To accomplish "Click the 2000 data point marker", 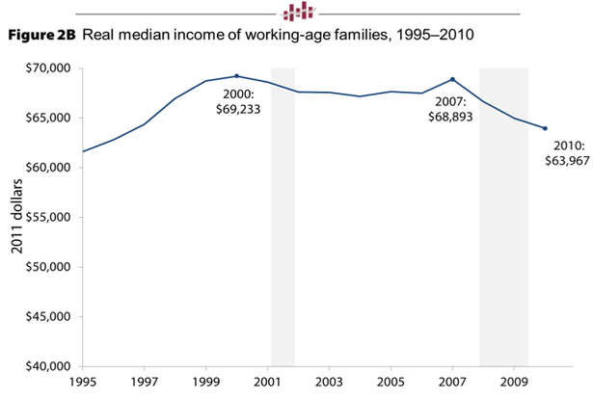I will (x=236, y=76).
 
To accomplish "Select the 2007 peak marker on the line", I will (x=452, y=79).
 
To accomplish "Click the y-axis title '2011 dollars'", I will (x=17, y=217).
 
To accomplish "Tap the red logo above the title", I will (x=297, y=11).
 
